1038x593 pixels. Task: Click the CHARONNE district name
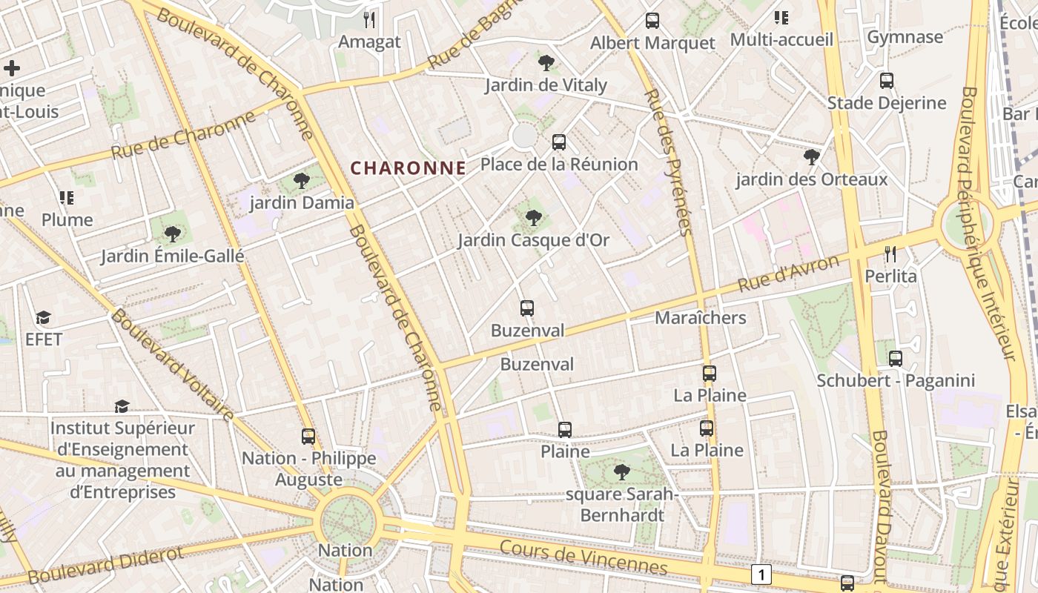(x=409, y=168)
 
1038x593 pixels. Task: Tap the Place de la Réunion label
(x=559, y=164)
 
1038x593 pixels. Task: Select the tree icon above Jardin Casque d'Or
(x=532, y=217)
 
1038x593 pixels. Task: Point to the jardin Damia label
(x=302, y=202)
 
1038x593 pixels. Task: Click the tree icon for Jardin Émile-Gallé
(x=172, y=234)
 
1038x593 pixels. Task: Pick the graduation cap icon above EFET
(x=44, y=318)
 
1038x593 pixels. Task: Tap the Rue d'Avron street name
(x=789, y=274)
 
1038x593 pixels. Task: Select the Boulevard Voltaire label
(x=172, y=364)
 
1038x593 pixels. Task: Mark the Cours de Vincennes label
(x=583, y=557)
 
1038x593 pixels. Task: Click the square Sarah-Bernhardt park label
(x=622, y=504)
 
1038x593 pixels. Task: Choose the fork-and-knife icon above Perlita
(x=890, y=254)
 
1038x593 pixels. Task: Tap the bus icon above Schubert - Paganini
(x=895, y=359)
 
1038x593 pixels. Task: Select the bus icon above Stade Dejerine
(x=886, y=81)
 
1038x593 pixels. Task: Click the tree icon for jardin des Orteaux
(x=811, y=157)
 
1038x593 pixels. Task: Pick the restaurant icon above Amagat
(x=369, y=20)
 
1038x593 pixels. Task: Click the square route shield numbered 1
(x=761, y=574)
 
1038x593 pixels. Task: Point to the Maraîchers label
(x=700, y=318)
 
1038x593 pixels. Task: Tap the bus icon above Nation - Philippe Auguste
(x=308, y=437)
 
